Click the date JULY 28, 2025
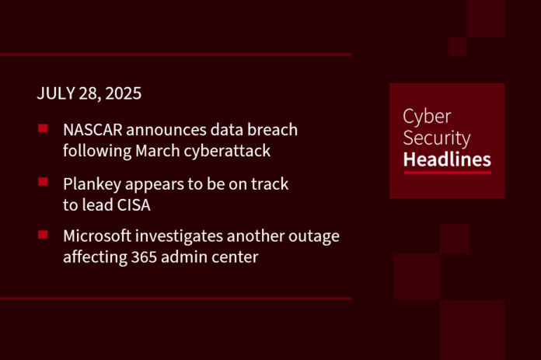point(89,93)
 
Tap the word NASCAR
point(92,130)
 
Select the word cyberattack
point(227,151)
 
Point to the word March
point(158,151)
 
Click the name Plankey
point(92,184)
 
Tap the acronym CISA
point(134,205)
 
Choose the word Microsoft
point(97,236)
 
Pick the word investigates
point(179,237)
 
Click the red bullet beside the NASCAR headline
point(43,129)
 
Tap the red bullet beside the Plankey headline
point(43,181)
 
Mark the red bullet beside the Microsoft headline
point(43,235)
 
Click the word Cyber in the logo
point(427,117)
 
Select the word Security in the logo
point(437,138)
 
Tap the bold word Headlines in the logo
point(447,159)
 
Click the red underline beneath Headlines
point(448,173)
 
